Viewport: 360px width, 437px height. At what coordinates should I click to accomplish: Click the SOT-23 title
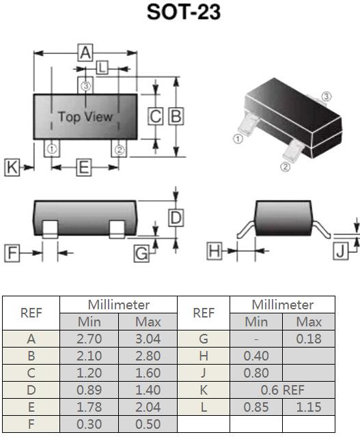coord(184,12)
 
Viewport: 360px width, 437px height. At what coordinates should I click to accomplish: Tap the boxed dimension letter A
coord(85,53)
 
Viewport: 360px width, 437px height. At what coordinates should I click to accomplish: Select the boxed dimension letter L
coord(102,68)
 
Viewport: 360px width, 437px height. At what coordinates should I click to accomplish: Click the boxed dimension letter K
coord(12,167)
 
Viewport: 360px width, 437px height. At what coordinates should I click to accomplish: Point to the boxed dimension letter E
coord(84,167)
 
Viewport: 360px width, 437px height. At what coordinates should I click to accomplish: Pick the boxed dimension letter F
coord(12,253)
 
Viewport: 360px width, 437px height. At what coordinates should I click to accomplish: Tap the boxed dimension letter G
coord(141,253)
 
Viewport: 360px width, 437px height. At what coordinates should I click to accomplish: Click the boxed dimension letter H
coord(214,251)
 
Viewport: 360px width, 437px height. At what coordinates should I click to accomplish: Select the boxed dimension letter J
coord(341,251)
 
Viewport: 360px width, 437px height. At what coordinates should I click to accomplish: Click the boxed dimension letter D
coord(176,217)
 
